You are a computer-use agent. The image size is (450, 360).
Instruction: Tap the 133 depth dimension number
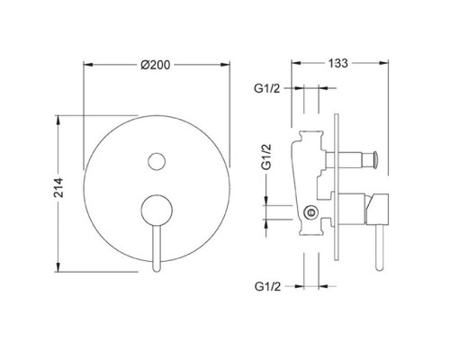click(x=339, y=65)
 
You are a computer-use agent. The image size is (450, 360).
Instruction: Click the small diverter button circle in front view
click(x=157, y=162)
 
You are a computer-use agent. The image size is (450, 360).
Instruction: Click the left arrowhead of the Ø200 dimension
click(x=86, y=64)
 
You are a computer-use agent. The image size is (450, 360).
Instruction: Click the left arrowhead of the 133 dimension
click(x=293, y=65)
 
